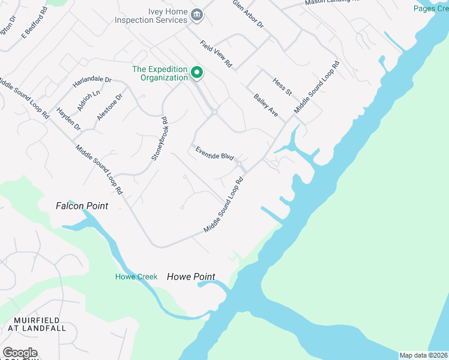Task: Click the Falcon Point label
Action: tap(82, 206)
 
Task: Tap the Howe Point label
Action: tap(191, 277)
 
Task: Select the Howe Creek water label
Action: tap(136, 277)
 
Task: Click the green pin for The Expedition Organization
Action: tap(196, 74)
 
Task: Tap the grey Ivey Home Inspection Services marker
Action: tap(197, 15)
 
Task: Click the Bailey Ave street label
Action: tap(266, 105)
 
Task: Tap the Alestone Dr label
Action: tap(110, 107)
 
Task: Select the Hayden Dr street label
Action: tap(68, 118)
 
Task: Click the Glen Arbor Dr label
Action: tap(249, 13)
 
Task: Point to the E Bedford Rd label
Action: tap(34, 23)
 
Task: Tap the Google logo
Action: tap(20, 353)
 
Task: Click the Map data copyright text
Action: tap(423, 355)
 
